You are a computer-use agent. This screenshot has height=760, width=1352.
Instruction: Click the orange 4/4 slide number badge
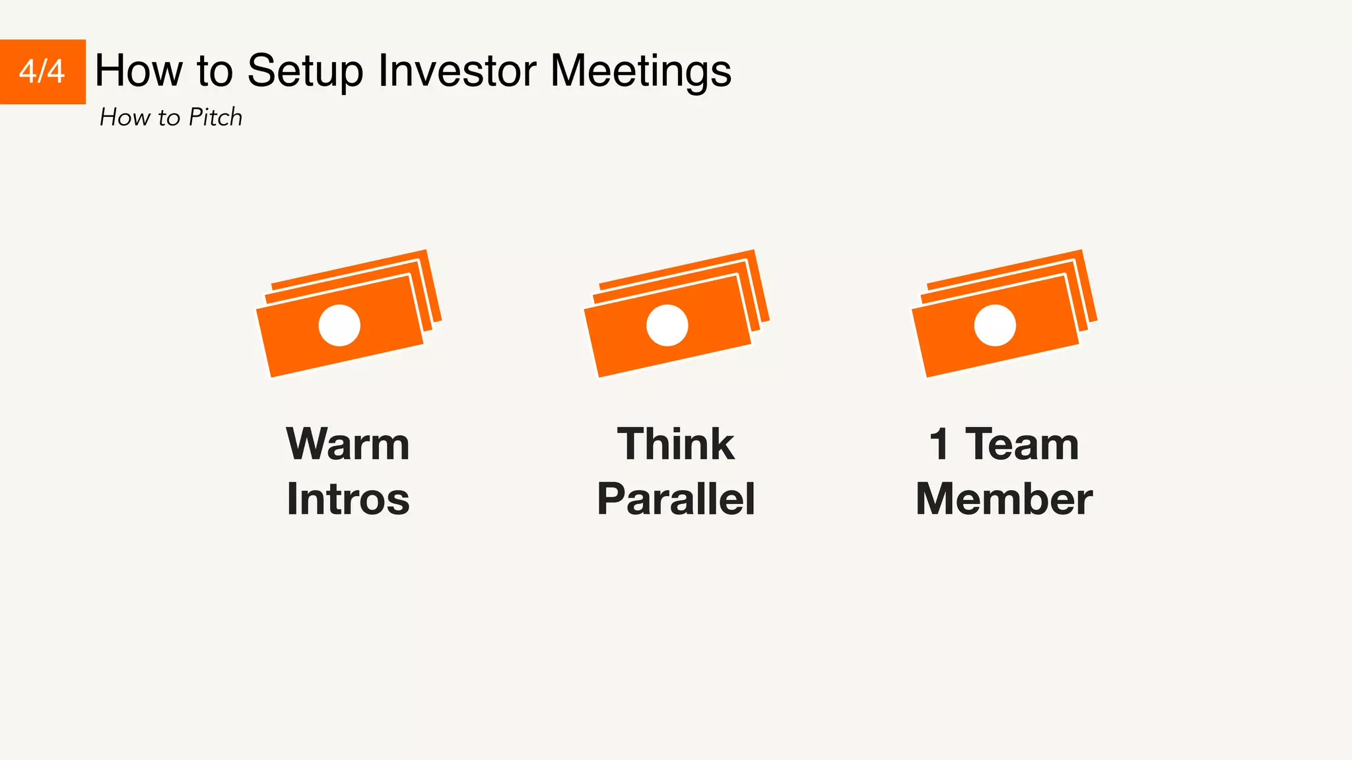coord(42,71)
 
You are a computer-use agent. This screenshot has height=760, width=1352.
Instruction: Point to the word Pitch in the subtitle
coord(215,117)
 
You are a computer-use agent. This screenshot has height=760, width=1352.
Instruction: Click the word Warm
coord(348,444)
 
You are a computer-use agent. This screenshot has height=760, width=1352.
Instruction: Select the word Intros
coord(348,499)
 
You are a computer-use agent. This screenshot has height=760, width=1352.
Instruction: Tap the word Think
coord(675,444)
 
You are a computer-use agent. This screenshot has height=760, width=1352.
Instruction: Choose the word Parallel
coord(675,499)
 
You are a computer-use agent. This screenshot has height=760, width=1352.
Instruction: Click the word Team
coord(1022,444)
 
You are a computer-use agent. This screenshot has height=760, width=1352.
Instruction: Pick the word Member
coord(1004,499)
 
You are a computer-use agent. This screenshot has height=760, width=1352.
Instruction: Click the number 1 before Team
coord(939,444)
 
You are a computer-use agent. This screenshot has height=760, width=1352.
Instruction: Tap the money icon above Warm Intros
coord(348,313)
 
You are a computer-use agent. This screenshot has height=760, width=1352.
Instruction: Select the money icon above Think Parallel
coord(676,313)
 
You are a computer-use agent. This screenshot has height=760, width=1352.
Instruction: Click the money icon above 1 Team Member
coord(1004,313)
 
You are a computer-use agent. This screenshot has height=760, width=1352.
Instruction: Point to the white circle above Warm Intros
coord(339,325)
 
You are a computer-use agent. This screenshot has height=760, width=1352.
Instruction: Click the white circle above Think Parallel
coord(667,325)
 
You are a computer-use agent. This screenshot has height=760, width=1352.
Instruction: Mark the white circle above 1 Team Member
coord(995,325)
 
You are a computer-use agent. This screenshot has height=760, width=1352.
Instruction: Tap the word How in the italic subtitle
coord(125,117)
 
